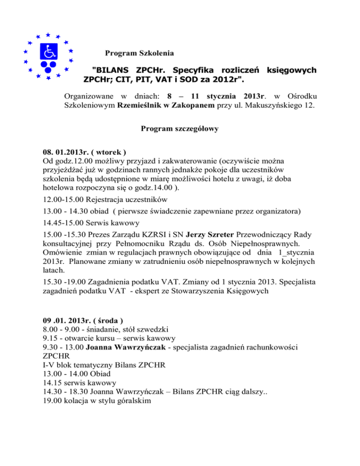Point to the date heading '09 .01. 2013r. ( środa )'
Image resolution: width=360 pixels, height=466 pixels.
(82, 321)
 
